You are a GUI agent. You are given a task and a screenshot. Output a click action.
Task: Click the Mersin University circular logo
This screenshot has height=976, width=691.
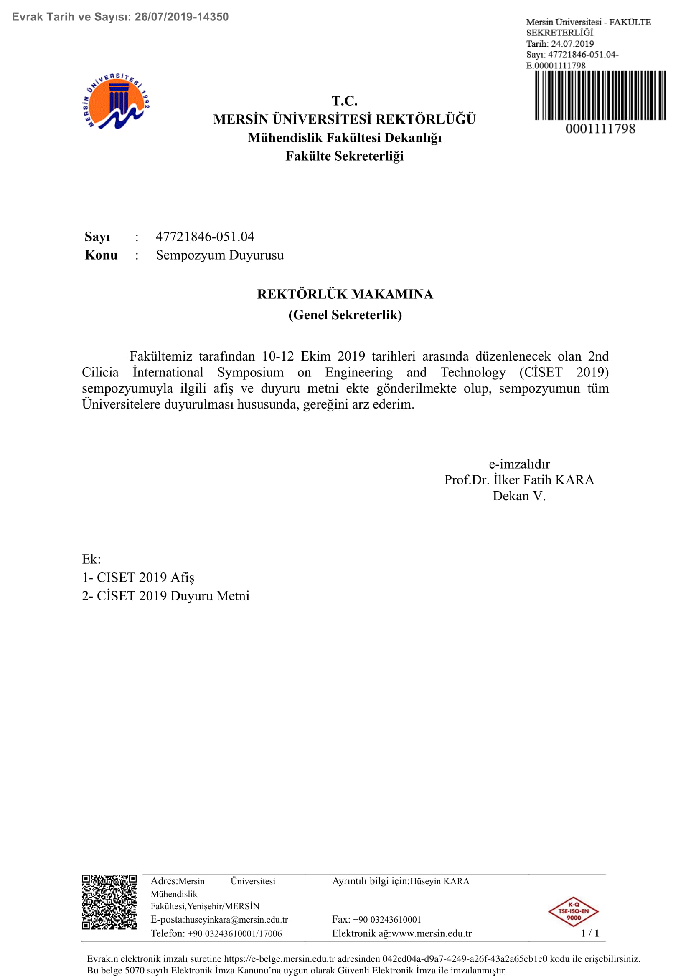(116, 101)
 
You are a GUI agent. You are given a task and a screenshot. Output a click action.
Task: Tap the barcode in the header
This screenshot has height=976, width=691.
(600, 95)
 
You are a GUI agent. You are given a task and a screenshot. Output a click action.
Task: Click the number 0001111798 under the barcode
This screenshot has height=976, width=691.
(600, 129)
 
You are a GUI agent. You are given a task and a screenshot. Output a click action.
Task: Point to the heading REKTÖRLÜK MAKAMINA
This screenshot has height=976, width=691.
(345, 294)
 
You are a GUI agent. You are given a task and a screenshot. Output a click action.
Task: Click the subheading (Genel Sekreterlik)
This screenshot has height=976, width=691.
(345, 315)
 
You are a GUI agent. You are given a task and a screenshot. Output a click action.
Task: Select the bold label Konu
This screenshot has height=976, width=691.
(101, 255)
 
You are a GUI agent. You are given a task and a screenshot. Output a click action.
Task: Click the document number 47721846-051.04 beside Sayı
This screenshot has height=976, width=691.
(205, 236)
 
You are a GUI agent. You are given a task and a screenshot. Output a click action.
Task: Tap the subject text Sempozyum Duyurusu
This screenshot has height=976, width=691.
(220, 255)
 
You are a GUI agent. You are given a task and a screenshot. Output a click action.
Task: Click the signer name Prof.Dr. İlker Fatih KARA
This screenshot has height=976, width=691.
(519, 480)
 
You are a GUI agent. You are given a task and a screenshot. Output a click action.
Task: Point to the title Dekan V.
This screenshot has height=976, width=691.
(519, 496)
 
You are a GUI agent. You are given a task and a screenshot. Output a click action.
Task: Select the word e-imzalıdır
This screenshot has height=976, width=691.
(519, 464)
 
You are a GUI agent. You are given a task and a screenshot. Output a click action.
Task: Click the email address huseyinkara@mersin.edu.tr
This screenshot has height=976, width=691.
(236, 920)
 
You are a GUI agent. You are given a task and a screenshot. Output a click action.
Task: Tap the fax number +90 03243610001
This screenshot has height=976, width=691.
(387, 920)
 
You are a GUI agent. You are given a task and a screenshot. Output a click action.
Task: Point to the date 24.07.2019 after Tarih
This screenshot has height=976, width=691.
(572, 44)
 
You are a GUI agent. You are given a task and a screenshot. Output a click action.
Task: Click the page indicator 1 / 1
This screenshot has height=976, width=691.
(590, 933)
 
